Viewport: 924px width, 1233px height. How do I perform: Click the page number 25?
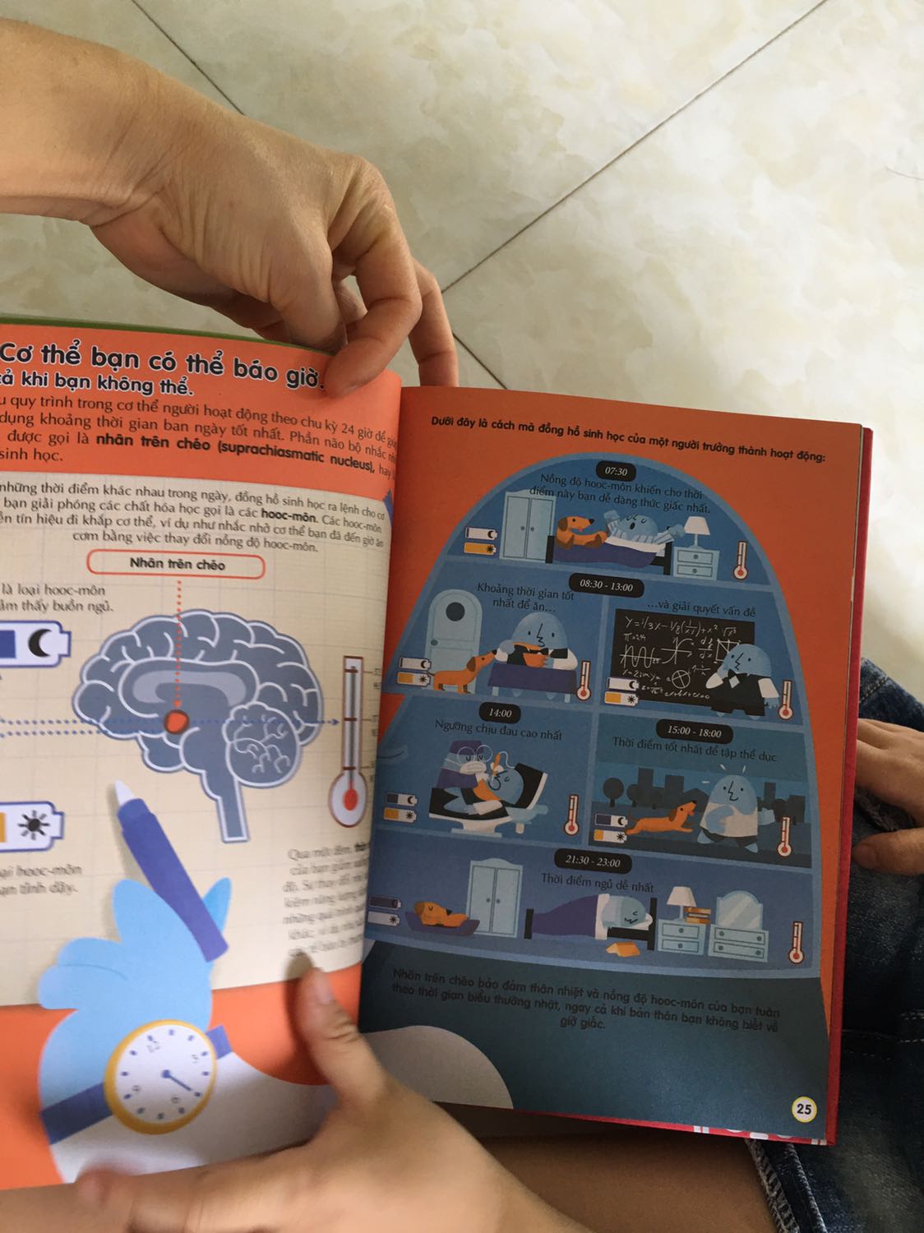(x=804, y=1109)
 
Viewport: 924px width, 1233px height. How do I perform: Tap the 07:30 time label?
(x=616, y=471)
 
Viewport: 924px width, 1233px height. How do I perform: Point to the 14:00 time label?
(x=500, y=713)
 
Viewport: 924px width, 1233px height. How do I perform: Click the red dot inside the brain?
(x=177, y=722)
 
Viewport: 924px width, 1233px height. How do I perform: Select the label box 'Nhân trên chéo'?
(x=178, y=565)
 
